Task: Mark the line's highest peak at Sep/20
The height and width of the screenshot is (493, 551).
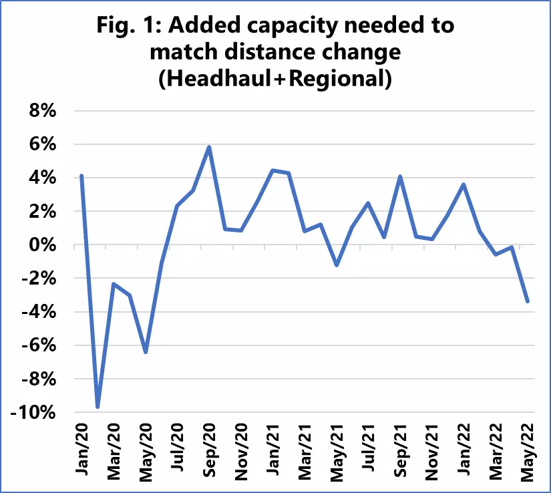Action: [x=209, y=147]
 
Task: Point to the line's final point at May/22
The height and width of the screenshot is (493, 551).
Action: [x=528, y=301]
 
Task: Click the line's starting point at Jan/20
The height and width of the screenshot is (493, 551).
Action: [x=81, y=176]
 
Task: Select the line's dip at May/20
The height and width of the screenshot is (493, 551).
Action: [x=146, y=352]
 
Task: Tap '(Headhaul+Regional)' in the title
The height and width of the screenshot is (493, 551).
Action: [x=275, y=78]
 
